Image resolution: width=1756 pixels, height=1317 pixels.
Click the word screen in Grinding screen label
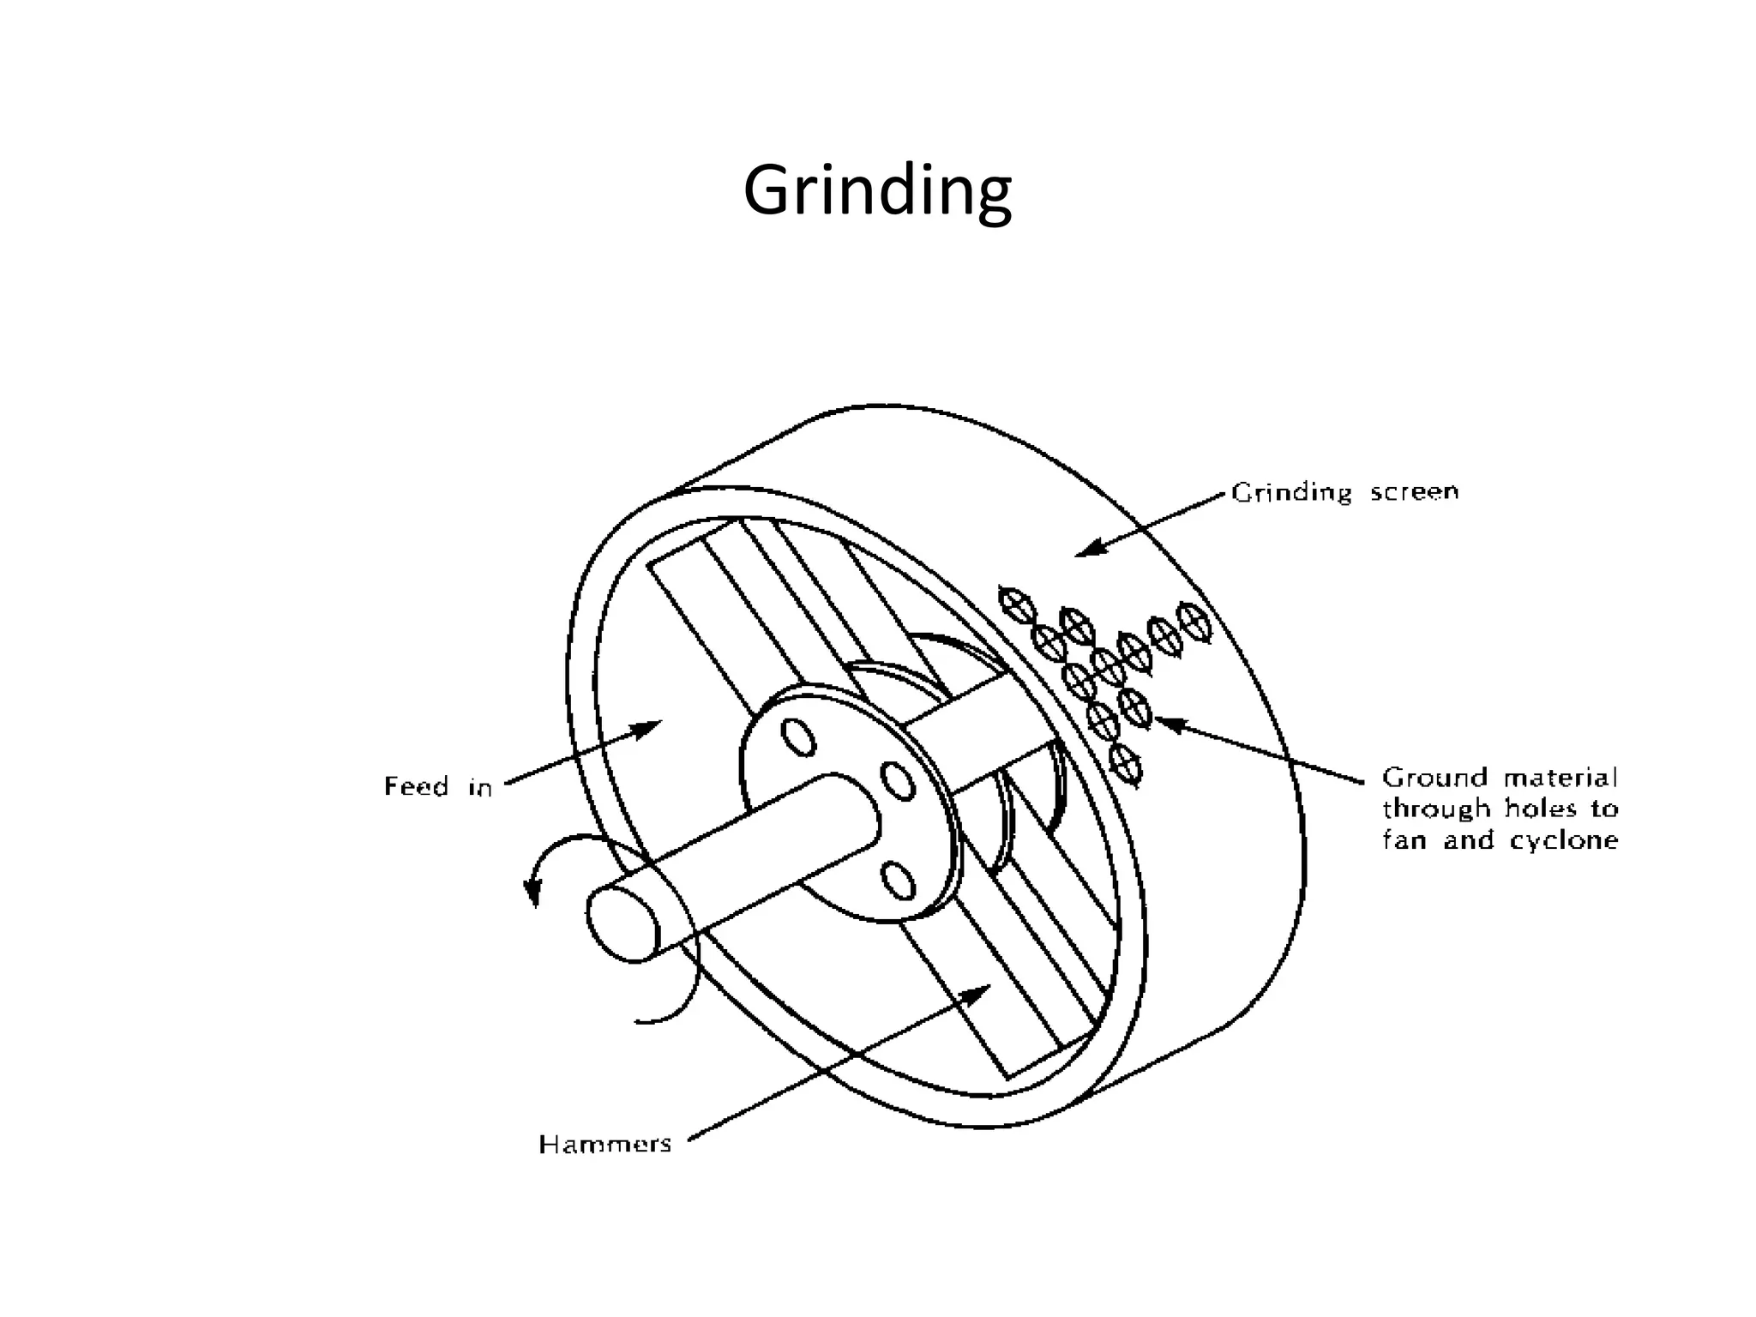click(x=1414, y=492)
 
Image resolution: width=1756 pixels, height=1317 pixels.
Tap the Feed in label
click(x=438, y=786)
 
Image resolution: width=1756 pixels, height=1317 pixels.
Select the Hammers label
click(x=605, y=1144)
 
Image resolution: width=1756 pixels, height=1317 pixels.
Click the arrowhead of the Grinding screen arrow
click(x=1088, y=548)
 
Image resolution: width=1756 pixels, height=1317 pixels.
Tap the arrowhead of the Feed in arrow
click(x=649, y=729)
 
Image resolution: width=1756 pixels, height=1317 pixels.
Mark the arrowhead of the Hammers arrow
click(x=977, y=992)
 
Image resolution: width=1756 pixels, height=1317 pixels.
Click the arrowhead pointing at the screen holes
click(x=1168, y=724)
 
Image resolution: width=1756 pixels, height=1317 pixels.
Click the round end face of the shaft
click(x=623, y=924)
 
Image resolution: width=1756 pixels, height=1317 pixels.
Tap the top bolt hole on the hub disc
click(x=798, y=737)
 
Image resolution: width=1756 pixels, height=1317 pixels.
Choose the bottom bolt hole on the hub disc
click(x=899, y=881)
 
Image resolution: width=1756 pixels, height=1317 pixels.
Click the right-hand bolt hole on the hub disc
click(x=898, y=781)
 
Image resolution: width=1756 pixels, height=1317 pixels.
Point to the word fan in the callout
click(x=1404, y=841)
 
